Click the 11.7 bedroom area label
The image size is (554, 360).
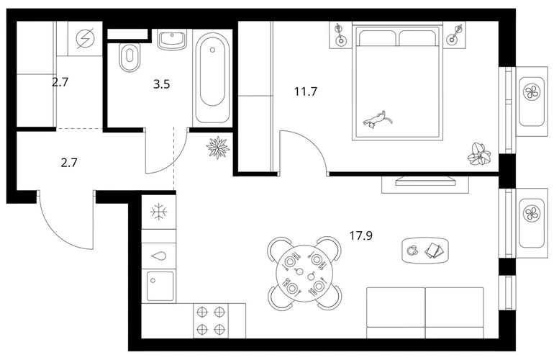306,92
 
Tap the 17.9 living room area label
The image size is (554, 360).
360,235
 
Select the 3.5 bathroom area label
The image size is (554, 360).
161,84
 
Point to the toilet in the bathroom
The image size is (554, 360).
129,58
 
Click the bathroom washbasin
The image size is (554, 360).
172,40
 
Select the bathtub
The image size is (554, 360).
212,78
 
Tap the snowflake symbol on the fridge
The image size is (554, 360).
159,212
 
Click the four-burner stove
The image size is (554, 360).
211,320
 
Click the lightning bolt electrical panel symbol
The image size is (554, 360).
85,37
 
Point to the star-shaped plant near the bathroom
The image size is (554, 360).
217,148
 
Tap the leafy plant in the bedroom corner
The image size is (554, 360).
479,154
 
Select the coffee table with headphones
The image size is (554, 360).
425,251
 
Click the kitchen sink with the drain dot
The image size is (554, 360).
160,286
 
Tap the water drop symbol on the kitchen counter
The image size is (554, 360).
158,256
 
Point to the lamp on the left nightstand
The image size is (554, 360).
340,34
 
